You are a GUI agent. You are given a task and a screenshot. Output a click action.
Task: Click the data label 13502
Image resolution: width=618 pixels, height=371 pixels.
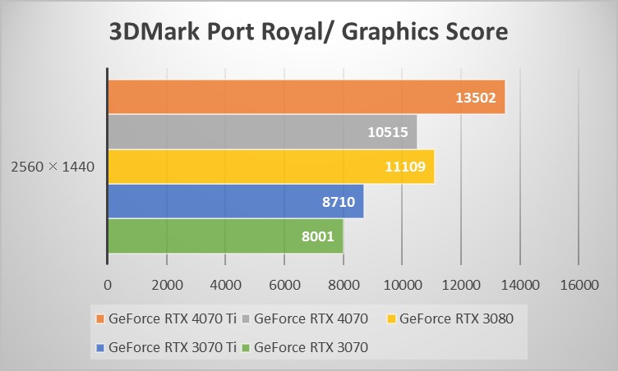(x=476, y=98)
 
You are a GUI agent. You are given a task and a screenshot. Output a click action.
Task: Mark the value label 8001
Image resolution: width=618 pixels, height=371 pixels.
(x=316, y=236)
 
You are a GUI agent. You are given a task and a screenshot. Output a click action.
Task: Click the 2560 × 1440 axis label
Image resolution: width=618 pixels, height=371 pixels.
(x=53, y=167)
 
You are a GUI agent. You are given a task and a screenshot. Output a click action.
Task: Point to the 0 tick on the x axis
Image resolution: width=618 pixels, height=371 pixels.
(x=108, y=284)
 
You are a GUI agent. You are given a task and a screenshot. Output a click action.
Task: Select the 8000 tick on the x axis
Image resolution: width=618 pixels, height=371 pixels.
(x=343, y=284)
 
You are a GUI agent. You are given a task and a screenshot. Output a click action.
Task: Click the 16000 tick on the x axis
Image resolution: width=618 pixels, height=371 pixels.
(x=578, y=284)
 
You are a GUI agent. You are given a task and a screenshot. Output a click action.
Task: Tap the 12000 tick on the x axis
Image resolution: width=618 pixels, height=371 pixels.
(x=460, y=284)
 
